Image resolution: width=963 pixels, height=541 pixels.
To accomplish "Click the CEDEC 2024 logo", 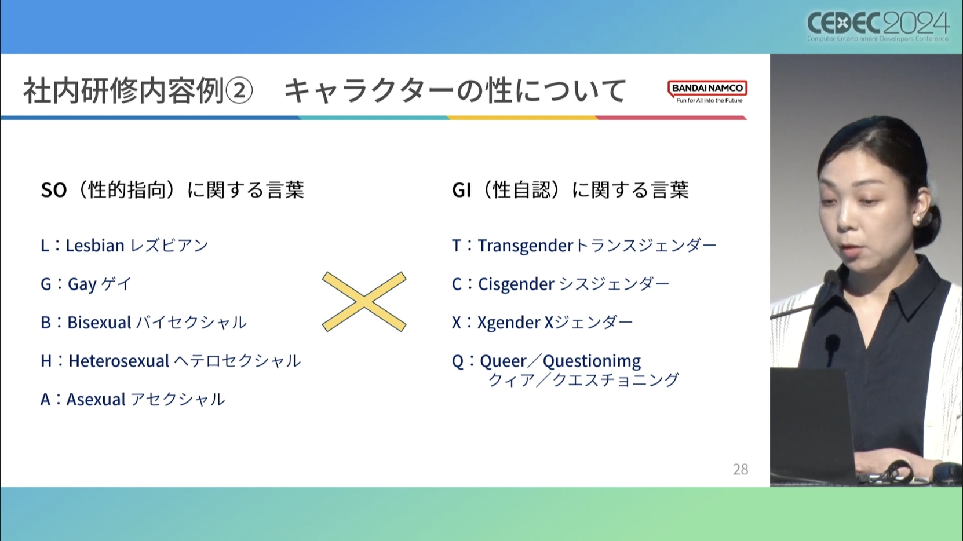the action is [x=878, y=26].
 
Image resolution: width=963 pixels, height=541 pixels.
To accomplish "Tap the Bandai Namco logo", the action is [x=707, y=92].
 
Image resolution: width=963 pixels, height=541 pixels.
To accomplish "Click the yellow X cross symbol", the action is [x=364, y=302].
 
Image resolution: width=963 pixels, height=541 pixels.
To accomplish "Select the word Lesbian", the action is [x=95, y=246].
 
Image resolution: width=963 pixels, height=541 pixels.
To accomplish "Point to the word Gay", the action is [x=82, y=284].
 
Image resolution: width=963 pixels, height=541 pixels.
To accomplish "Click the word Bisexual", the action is [x=99, y=322].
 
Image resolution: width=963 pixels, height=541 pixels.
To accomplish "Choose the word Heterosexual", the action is [x=119, y=361].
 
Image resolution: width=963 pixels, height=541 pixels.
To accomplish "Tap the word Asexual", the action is [x=96, y=399].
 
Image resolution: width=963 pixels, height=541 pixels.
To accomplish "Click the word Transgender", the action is [x=526, y=246].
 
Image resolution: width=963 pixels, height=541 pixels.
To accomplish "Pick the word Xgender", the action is [x=509, y=323].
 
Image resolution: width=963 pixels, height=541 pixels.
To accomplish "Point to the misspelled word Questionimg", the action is [x=592, y=361].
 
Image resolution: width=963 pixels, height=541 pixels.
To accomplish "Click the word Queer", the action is [x=503, y=361].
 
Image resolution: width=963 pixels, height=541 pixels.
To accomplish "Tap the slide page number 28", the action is [x=741, y=469].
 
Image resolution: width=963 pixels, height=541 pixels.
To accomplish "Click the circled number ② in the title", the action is [x=239, y=91].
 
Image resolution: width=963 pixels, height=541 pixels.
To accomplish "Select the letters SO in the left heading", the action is [x=54, y=190].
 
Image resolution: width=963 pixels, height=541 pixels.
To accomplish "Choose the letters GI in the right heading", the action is [x=461, y=190].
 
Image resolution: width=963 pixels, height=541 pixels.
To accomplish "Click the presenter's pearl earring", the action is [x=917, y=220].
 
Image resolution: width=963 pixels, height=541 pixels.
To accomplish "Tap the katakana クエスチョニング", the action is [x=615, y=380].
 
